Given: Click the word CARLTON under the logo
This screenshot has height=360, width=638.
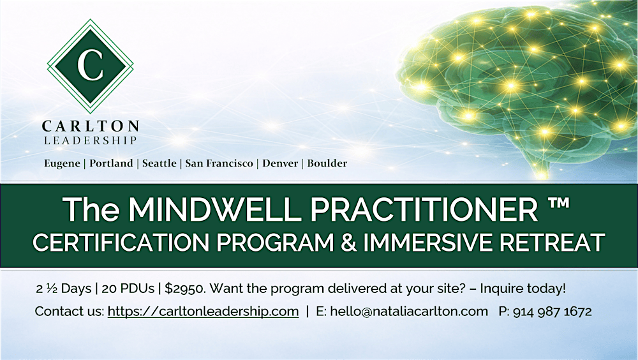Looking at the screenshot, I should (x=90, y=126).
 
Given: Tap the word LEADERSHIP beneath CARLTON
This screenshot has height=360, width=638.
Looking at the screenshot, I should (x=90, y=140).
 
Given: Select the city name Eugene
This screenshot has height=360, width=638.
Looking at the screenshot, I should (x=62, y=163).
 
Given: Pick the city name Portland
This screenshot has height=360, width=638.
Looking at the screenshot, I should (x=112, y=163).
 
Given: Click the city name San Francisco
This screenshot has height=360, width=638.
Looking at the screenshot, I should (x=218, y=163).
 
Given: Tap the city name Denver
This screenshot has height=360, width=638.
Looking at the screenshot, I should (x=279, y=163).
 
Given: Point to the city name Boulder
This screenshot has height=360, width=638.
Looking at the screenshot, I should (x=327, y=163).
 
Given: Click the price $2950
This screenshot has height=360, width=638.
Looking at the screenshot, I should (x=184, y=289).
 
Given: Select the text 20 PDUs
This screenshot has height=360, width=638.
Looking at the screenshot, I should (x=130, y=289).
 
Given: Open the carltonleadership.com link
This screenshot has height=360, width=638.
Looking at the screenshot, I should (x=203, y=312).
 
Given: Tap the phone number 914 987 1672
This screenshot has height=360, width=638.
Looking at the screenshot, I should (x=553, y=312).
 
